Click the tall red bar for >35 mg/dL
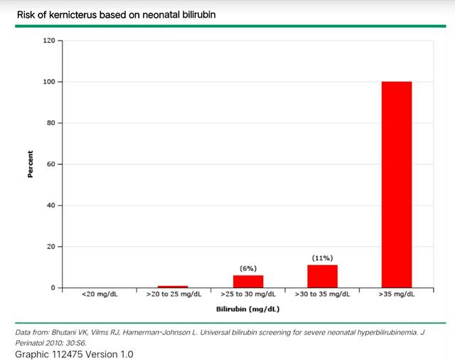click(396, 184)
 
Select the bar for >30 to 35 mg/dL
click(322, 276)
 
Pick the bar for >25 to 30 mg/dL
click(247, 281)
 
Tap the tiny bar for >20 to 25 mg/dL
click(173, 286)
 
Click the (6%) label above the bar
click(247, 268)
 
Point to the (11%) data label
click(322, 258)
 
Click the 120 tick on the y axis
click(48, 41)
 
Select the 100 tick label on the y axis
click(48, 82)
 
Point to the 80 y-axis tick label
click(50, 123)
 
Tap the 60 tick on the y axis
click(50, 164)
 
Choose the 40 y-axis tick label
click(50, 206)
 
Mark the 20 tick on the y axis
click(50, 247)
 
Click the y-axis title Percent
click(31, 164)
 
